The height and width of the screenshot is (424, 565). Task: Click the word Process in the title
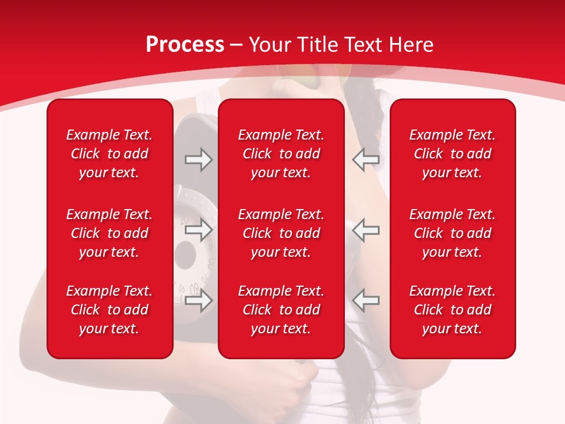tap(185, 45)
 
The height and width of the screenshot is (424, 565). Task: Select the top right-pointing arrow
tap(198, 160)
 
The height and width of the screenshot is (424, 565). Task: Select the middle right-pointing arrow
tap(198, 230)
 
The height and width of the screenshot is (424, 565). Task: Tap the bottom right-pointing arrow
tap(198, 301)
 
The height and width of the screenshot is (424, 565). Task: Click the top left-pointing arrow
tap(366, 160)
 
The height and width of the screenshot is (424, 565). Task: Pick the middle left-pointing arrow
tap(366, 230)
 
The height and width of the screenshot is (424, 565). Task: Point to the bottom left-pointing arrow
tap(366, 301)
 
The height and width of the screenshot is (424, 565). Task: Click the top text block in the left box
tap(109, 154)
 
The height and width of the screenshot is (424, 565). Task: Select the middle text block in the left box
tap(109, 233)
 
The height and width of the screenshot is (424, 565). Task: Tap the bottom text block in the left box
tap(109, 310)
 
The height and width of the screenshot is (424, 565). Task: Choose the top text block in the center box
tap(281, 154)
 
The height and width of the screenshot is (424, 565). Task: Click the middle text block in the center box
tap(281, 233)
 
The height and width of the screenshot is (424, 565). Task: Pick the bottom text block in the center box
tap(281, 310)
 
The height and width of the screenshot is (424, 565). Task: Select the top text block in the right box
tap(453, 154)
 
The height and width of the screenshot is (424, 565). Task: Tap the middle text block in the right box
tap(453, 233)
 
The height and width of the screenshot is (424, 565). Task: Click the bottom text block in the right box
tap(453, 310)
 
